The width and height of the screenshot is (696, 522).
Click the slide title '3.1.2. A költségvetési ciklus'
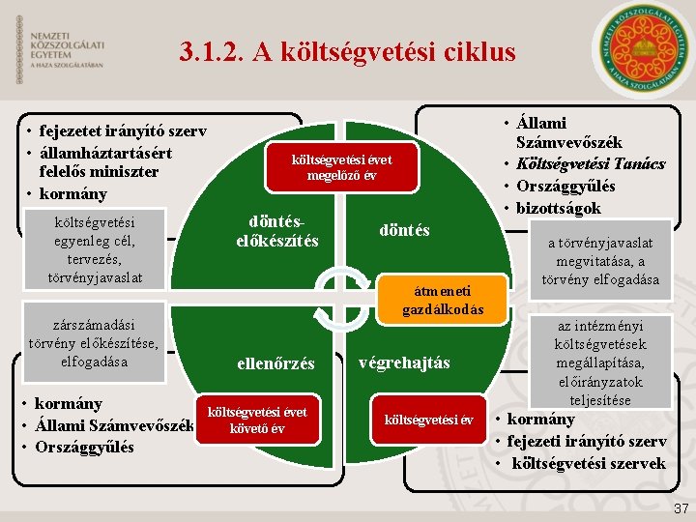click(348, 52)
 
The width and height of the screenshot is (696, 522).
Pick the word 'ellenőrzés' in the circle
click(275, 364)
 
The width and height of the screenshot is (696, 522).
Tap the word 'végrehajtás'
click(404, 362)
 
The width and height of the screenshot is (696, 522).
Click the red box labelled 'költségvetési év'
click(428, 420)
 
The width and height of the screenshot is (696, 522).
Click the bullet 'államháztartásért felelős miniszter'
click(106, 162)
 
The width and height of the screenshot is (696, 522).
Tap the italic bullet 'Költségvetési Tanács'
click(591, 163)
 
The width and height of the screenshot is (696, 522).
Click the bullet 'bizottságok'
click(559, 207)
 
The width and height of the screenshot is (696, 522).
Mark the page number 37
click(681, 507)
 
